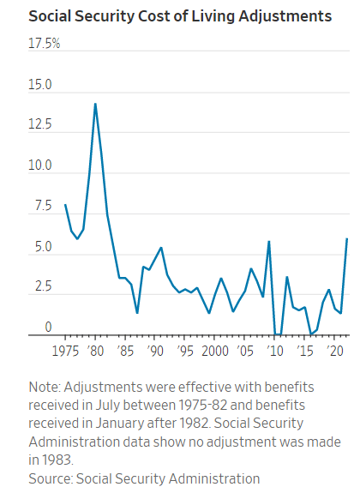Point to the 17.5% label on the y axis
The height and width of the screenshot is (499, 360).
45,43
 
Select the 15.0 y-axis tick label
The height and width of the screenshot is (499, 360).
40,86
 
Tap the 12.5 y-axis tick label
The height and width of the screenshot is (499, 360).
40,126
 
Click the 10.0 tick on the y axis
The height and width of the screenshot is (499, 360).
40,166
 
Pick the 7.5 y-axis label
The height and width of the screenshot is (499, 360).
43,207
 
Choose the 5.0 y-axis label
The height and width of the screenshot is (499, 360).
43,248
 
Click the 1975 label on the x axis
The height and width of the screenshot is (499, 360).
65,352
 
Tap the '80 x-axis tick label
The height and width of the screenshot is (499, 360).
95,352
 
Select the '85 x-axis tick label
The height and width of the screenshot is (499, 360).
125,352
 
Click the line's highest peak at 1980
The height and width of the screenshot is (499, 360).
95,104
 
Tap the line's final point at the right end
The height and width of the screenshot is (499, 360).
346,238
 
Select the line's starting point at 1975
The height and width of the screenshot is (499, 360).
65,204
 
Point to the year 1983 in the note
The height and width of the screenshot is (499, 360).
45,460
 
